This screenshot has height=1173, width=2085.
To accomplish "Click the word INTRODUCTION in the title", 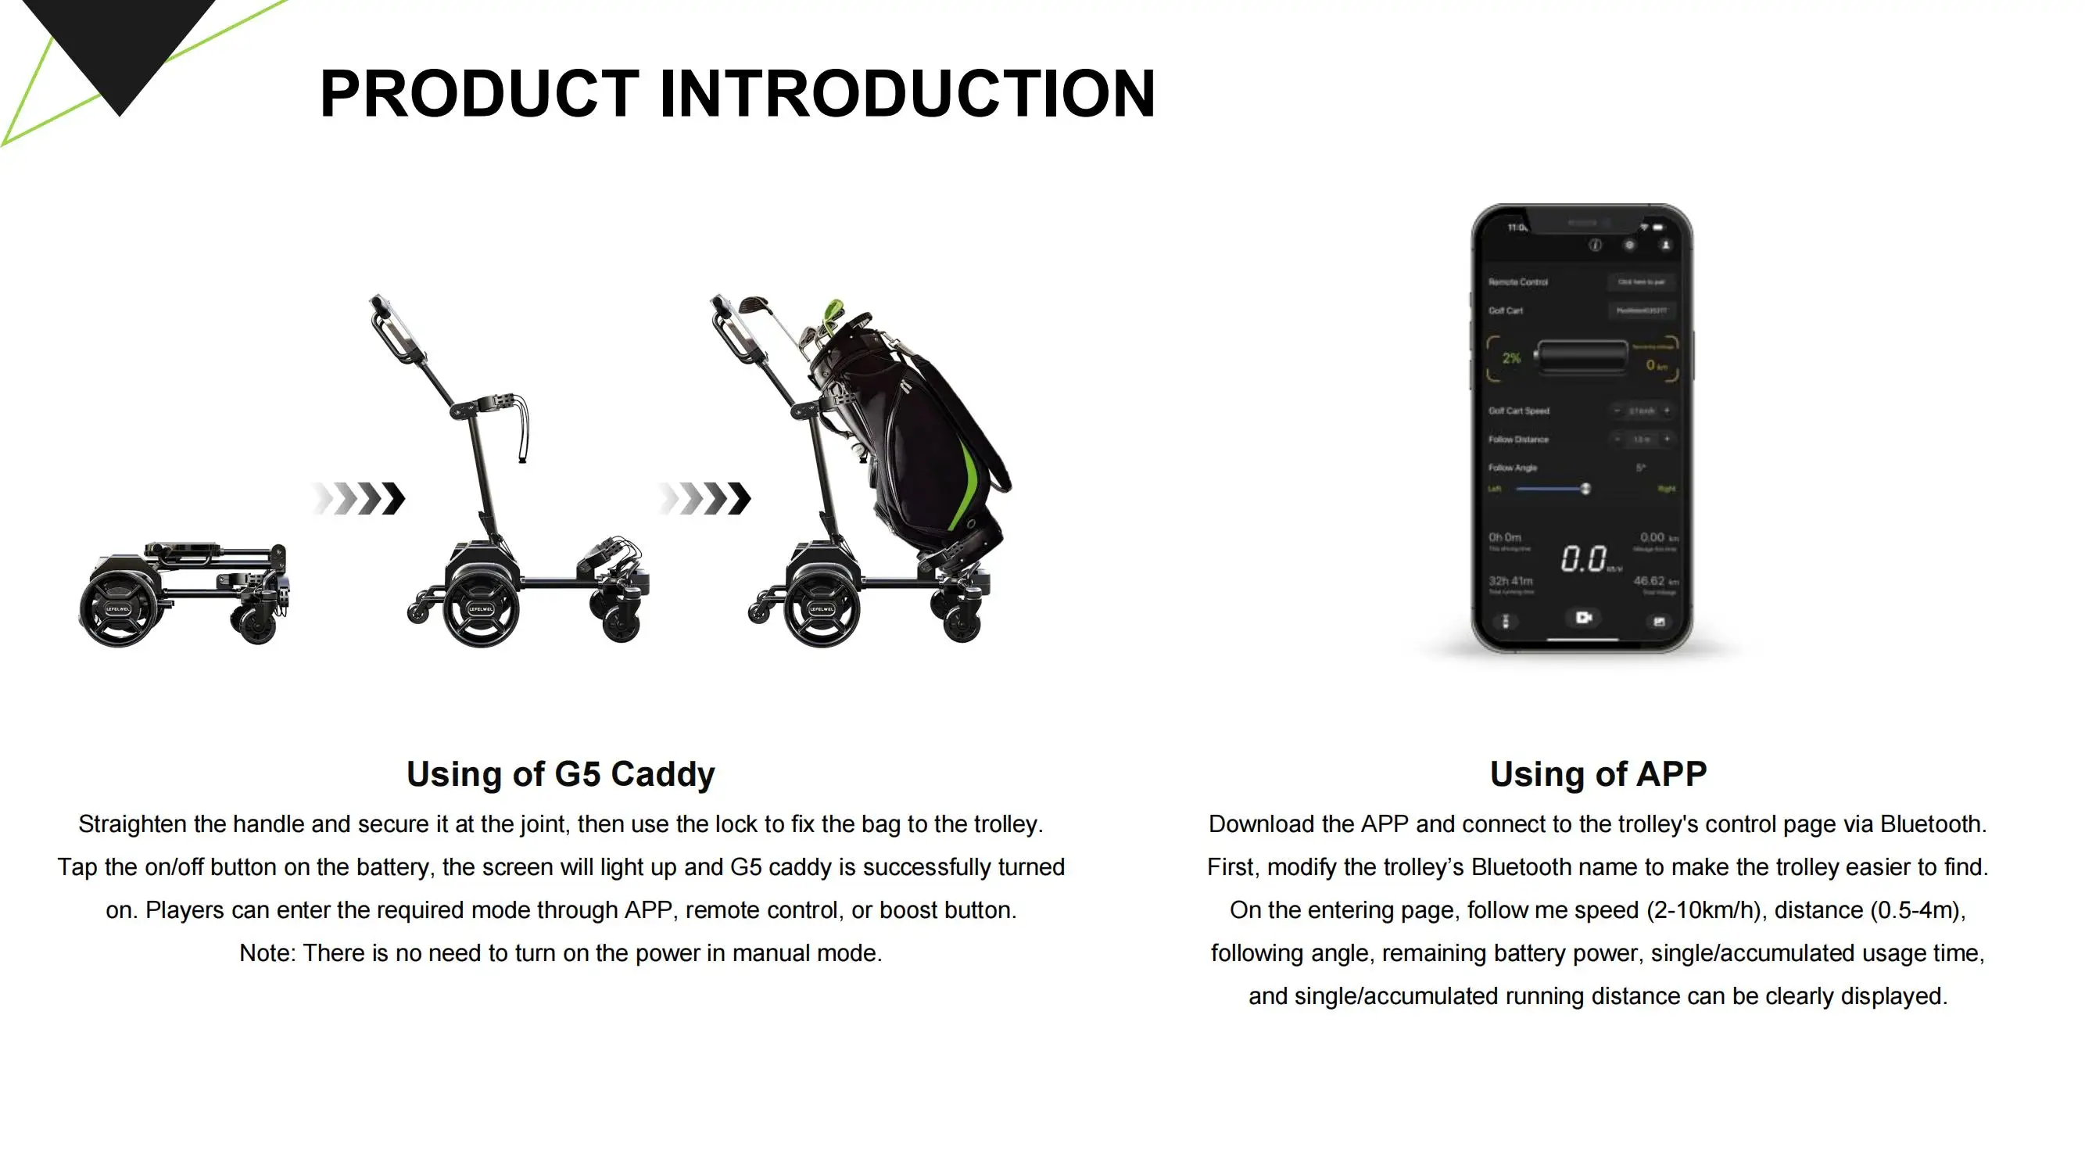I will pyautogui.click(x=908, y=94).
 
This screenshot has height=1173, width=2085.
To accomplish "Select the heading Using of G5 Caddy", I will pyautogui.click(x=560, y=774).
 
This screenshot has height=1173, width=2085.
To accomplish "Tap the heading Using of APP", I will pyautogui.click(x=1598, y=774).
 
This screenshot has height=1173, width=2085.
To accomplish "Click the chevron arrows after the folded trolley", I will pyautogui.click(x=359, y=499).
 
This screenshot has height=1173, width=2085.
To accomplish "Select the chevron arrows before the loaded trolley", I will pyautogui.click(x=704, y=499).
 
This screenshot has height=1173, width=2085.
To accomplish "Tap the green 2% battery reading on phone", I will pyautogui.click(x=1511, y=358).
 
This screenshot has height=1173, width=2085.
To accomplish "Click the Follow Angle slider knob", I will pyautogui.click(x=1585, y=488).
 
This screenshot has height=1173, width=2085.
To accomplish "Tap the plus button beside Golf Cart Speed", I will pyautogui.click(x=1667, y=411).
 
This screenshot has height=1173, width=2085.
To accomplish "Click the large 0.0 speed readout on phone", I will pyautogui.click(x=1584, y=558).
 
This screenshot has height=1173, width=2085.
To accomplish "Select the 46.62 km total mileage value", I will pyautogui.click(x=1649, y=580).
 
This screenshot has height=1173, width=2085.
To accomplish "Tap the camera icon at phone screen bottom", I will pyautogui.click(x=1583, y=618).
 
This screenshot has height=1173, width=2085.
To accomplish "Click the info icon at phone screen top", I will pyautogui.click(x=1595, y=246).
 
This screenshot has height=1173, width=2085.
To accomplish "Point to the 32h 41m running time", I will pyautogui.click(x=1510, y=580).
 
